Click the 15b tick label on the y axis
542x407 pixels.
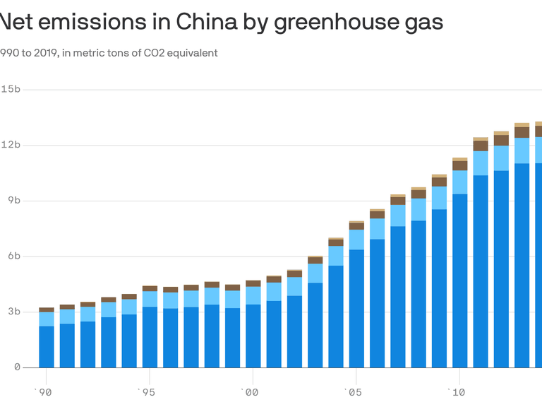click(x=11, y=90)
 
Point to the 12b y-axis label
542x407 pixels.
click(x=11, y=145)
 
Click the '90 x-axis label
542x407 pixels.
click(x=44, y=391)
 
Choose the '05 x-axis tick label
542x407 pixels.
click(x=354, y=391)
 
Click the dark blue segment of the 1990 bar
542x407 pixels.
click(x=47, y=346)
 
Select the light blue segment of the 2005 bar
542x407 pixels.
click(x=356, y=240)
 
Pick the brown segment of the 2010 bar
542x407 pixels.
click(x=460, y=166)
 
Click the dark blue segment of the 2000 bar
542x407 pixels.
click(x=253, y=336)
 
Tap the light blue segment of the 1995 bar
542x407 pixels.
click(x=150, y=299)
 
